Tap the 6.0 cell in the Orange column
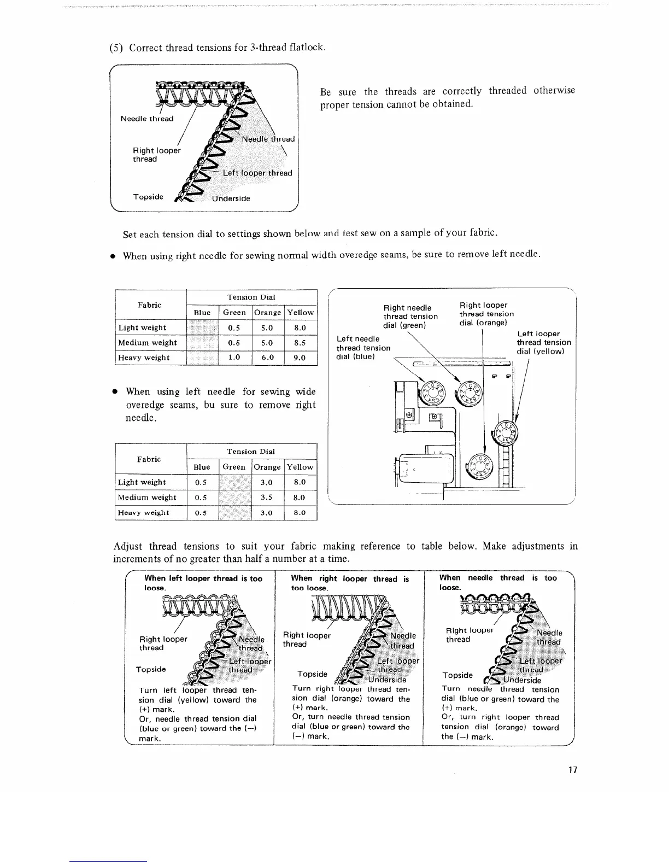267,358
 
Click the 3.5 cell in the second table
267,498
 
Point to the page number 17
573,770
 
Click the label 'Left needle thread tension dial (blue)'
363,348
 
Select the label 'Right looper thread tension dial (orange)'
486,314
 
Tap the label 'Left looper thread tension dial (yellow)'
543,342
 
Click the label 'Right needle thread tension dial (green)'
410,317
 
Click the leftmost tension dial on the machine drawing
434,393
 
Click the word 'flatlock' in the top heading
306,48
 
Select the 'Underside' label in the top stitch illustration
231,198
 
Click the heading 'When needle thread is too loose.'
498,583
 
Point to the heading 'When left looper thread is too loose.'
203,583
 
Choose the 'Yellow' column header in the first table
300,312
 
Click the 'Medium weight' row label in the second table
147,498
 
